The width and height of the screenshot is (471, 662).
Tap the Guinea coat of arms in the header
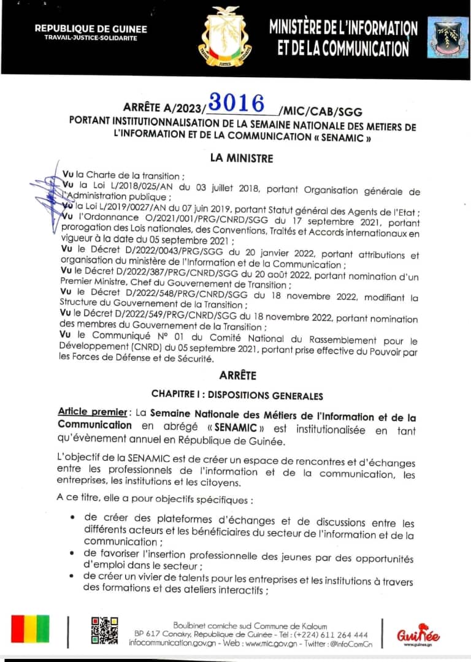click(x=228, y=36)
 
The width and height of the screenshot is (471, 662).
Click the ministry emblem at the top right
click(x=448, y=37)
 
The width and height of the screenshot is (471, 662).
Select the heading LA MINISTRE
click(x=241, y=158)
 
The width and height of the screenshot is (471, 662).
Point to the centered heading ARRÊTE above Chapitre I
click(x=237, y=375)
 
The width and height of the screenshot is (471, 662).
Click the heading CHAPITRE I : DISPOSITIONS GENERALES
click(x=237, y=395)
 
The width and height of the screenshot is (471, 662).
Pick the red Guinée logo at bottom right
click(x=418, y=635)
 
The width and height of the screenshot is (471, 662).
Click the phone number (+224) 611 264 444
click(x=332, y=634)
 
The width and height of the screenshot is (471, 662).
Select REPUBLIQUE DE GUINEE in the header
click(x=91, y=28)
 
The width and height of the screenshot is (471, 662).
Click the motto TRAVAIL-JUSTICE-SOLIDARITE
click(x=91, y=38)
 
